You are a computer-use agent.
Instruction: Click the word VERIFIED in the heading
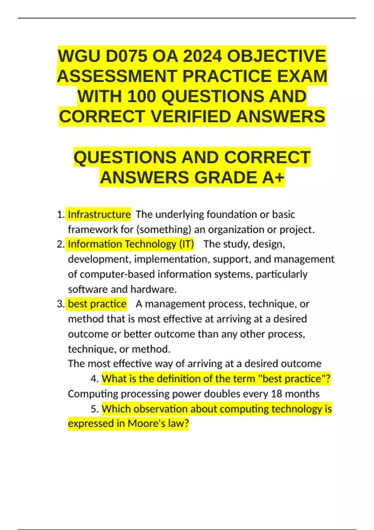pos(191,117)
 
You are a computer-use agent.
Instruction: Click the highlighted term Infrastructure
pos(99,214)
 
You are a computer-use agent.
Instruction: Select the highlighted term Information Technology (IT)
pos(131,244)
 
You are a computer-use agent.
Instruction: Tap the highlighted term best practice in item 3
pos(97,304)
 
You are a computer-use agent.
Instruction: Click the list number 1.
pos(60,214)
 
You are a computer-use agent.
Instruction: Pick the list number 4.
pos(94,379)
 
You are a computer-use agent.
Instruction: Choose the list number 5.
pos(94,409)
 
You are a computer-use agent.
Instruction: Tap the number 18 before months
pos(276,394)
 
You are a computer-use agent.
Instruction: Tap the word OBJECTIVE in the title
pos(276,56)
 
